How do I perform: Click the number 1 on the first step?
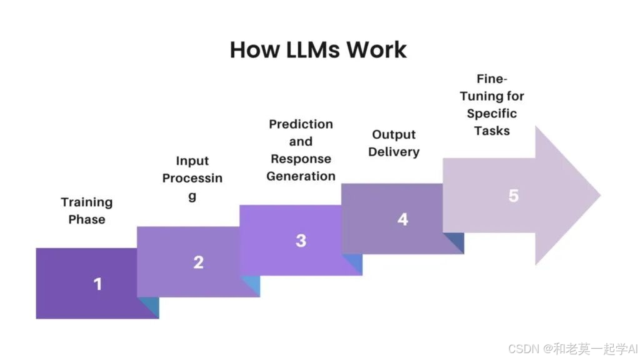pos(97,284)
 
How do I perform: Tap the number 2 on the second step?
pos(198,262)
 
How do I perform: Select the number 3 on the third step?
pos(301,241)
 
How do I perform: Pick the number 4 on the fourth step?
pos(402,219)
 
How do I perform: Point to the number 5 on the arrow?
pos(513,196)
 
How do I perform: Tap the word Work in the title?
pos(377,50)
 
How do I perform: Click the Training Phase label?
pos(87,211)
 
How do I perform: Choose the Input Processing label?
pos(192,178)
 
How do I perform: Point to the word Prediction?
pos(301,124)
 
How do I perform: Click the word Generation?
pos(301,176)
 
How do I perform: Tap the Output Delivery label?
pos(394,143)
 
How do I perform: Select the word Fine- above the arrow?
pos(492,79)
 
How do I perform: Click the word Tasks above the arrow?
pos(492,131)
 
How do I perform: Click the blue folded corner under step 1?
pos(150,307)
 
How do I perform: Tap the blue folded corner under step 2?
pos(251,286)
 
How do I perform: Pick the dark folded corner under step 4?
pos(456,243)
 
